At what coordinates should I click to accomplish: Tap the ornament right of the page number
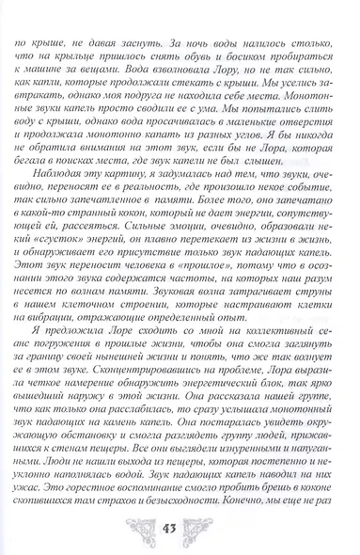pos(218,525)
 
